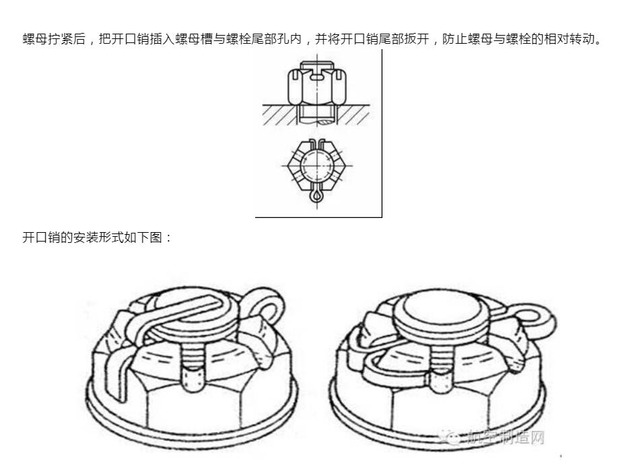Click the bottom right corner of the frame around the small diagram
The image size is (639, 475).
pos(382,217)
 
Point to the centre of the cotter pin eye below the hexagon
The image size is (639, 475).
pos(316,196)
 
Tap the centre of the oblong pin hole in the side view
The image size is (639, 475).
pos(316,76)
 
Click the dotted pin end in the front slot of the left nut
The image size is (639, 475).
pos(193,377)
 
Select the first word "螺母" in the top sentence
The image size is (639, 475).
pos(35,39)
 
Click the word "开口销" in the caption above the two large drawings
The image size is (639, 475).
pos(41,237)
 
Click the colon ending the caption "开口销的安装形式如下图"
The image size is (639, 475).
pos(169,238)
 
